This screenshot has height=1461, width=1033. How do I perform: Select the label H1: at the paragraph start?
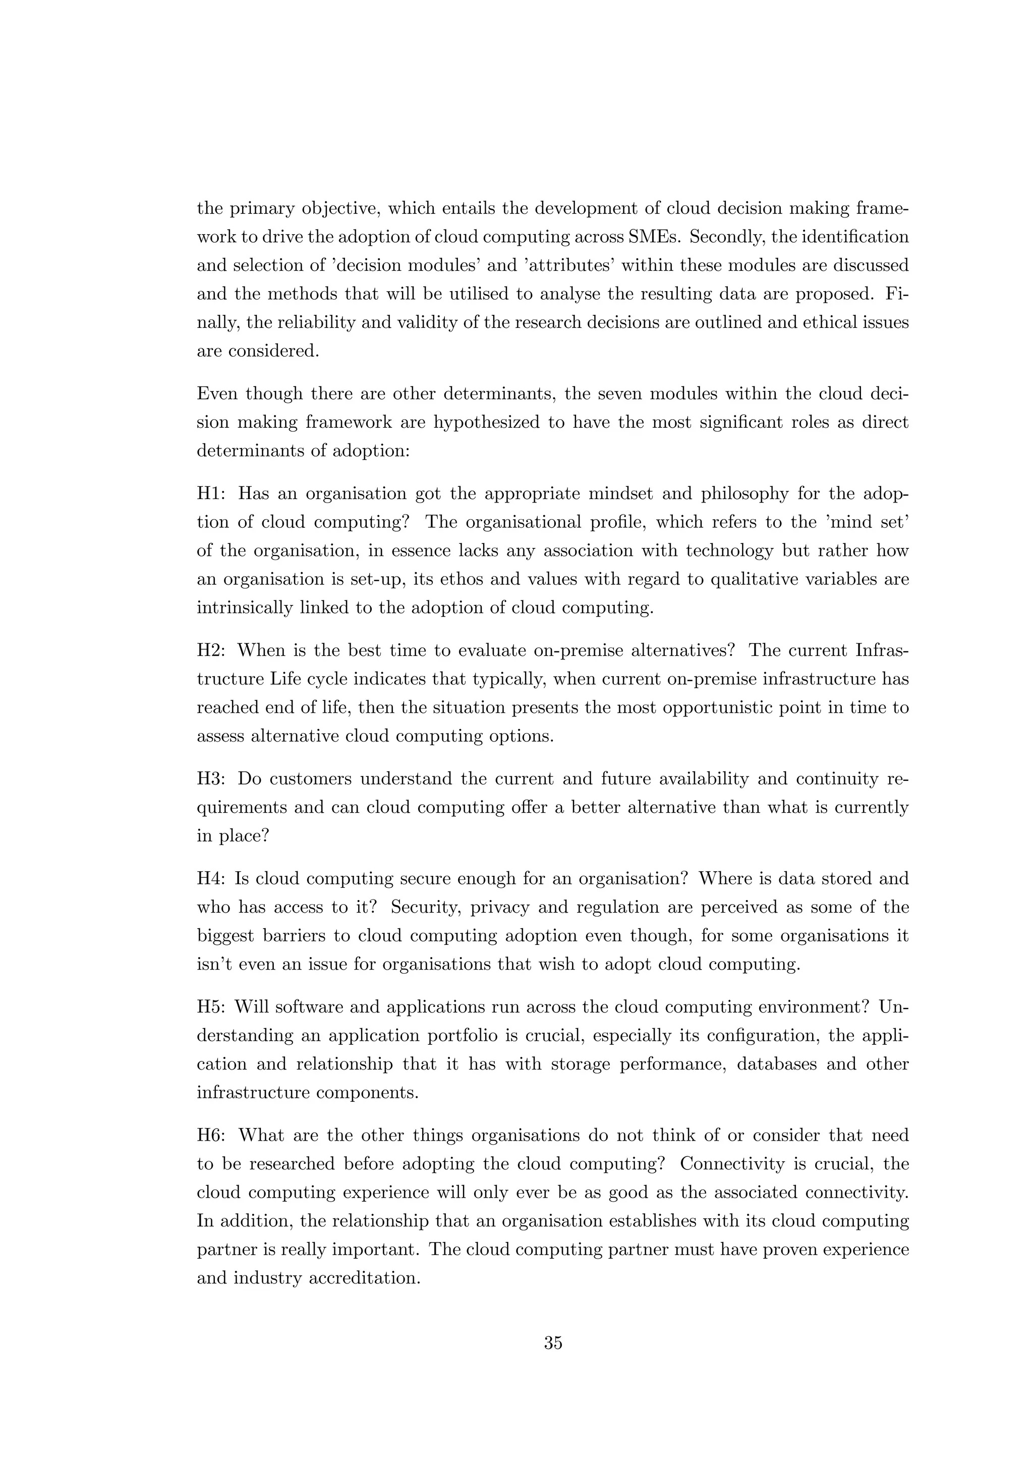(212, 494)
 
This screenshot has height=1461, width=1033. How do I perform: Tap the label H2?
(212, 650)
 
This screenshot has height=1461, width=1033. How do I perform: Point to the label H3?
(212, 779)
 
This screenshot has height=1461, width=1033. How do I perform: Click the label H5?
(212, 1007)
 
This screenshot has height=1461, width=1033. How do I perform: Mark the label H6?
(212, 1135)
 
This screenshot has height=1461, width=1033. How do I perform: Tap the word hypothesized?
(489, 423)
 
